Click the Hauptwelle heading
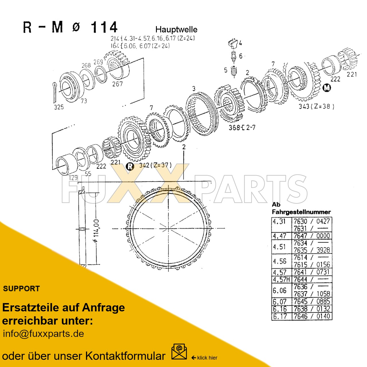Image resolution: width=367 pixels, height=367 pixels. click(x=176, y=30)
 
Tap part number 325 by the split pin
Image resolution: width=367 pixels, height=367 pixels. click(x=59, y=107)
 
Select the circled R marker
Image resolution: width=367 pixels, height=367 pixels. click(x=130, y=166)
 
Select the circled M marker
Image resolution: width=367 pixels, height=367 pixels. click(x=327, y=88)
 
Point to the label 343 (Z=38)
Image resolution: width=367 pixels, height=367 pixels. click(x=316, y=106)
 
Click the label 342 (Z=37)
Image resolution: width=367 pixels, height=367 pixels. click(x=155, y=165)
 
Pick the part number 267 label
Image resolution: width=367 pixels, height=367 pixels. click(x=117, y=84)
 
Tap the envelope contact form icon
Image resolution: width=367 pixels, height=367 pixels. click(x=179, y=352)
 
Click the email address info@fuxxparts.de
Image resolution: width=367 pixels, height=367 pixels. click(x=43, y=334)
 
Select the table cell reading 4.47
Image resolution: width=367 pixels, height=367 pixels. click(x=279, y=236)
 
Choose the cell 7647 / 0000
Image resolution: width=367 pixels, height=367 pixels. click(x=312, y=236)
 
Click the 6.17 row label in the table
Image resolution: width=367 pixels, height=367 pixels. click(x=280, y=317)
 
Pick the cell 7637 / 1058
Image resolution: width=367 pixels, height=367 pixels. click(x=312, y=294)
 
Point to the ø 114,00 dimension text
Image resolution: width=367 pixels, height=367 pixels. click(x=96, y=231)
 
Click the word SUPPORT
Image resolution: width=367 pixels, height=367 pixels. click(x=22, y=289)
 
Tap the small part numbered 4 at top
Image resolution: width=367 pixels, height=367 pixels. click(x=233, y=43)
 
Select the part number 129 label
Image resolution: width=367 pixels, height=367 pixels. click(x=73, y=178)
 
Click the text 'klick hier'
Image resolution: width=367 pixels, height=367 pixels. click(x=207, y=358)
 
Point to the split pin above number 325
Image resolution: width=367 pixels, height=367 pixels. click(x=55, y=92)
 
